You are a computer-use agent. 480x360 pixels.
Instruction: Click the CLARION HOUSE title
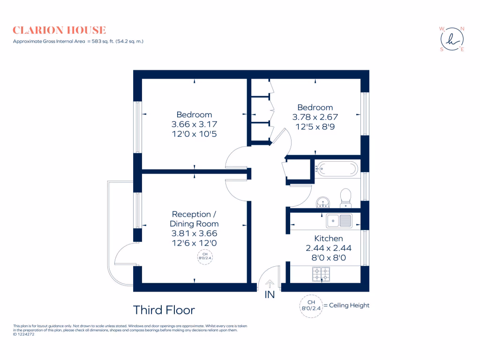pyautogui.click(x=60, y=30)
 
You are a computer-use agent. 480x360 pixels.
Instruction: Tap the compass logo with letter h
pyautogui.click(x=452, y=39)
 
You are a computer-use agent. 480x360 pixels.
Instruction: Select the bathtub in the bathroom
pyautogui.click(x=337, y=169)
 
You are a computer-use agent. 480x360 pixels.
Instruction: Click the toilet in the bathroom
pyautogui.click(x=345, y=198)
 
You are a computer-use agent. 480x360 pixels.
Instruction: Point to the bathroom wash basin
pyautogui.click(x=323, y=202)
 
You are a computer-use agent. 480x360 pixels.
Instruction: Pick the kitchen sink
pyautogui.click(x=339, y=221)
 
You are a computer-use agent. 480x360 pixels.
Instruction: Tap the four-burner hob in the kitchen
pyautogui.click(x=321, y=274)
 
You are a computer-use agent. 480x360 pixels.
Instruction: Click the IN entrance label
pyautogui.click(x=270, y=294)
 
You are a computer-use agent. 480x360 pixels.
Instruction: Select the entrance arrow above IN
pyautogui.click(x=270, y=284)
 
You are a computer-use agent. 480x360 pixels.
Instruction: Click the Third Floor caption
pyautogui.click(x=164, y=310)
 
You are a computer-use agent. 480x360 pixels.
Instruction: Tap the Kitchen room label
pyautogui.click(x=329, y=239)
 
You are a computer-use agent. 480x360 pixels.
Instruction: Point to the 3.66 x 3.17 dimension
pyautogui.click(x=195, y=124)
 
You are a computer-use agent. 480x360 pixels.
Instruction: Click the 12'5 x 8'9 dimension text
pyautogui.click(x=315, y=127)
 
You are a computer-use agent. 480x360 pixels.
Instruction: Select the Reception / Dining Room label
pyautogui.click(x=194, y=219)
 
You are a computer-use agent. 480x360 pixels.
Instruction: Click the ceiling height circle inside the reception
pyautogui.click(x=205, y=256)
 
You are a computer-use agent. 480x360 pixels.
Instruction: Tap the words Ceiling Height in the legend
pyautogui.click(x=349, y=306)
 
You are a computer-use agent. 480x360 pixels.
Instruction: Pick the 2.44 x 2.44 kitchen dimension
pyautogui.click(x=329, y=248)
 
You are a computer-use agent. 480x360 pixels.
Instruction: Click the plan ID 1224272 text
pyautogui.click(x=23, y=334)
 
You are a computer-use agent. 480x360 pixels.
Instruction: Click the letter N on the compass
pyautogui.click(x=462, y=29)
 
